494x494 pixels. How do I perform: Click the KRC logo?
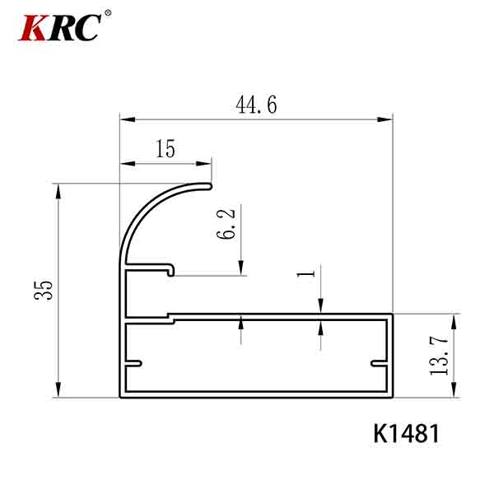pyautogui.click(x=60, y=27)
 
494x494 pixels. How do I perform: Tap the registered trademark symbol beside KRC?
pyautogui.click(x=108, y=13)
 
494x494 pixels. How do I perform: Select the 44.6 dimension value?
pyautogui.click(x=256, y=105)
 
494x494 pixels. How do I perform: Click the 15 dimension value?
pyautogui.click(x=165, y=149)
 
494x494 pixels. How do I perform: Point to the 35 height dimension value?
pyautogui.click(x=44, y=290)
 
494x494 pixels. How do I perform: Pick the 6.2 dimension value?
pyautogui.click(x=226, y=224)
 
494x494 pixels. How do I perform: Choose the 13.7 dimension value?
pyautogui.click(x=439, y=356)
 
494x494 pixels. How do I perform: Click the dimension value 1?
pyautogui.click(x=306, y=273)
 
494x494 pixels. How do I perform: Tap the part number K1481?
pyautogui.click(x=406, y=434)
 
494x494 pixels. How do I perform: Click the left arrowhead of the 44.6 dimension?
pyautogui.click(x=128, y=119)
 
